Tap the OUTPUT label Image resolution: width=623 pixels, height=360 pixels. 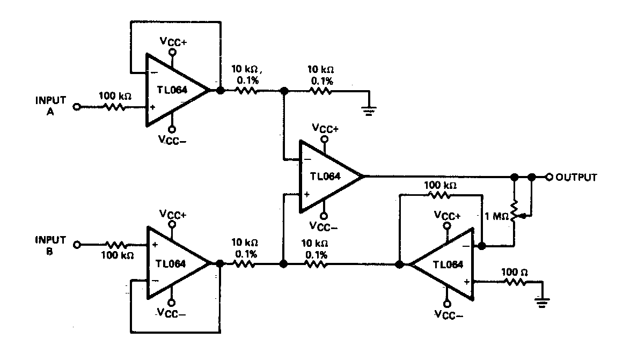(x=576, y=177)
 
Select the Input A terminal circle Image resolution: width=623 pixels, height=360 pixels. (x=76, y=107)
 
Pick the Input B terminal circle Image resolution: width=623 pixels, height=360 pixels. (x=76, y=245)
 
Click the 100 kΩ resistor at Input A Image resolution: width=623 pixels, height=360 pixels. (x=114, y=107)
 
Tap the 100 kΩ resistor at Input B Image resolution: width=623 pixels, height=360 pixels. (x=114, y=245)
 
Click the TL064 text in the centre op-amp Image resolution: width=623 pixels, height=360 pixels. (x=325, y=177)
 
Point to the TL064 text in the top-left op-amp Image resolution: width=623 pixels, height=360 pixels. (x=171, y=90)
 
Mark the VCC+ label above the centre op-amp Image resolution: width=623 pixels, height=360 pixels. (x=325, y=129)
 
